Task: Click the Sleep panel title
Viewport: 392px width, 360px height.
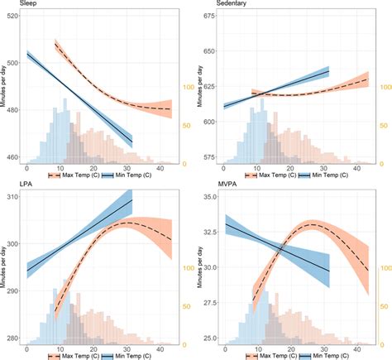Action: point(13,4)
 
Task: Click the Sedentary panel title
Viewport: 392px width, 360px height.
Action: point(218,4)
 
